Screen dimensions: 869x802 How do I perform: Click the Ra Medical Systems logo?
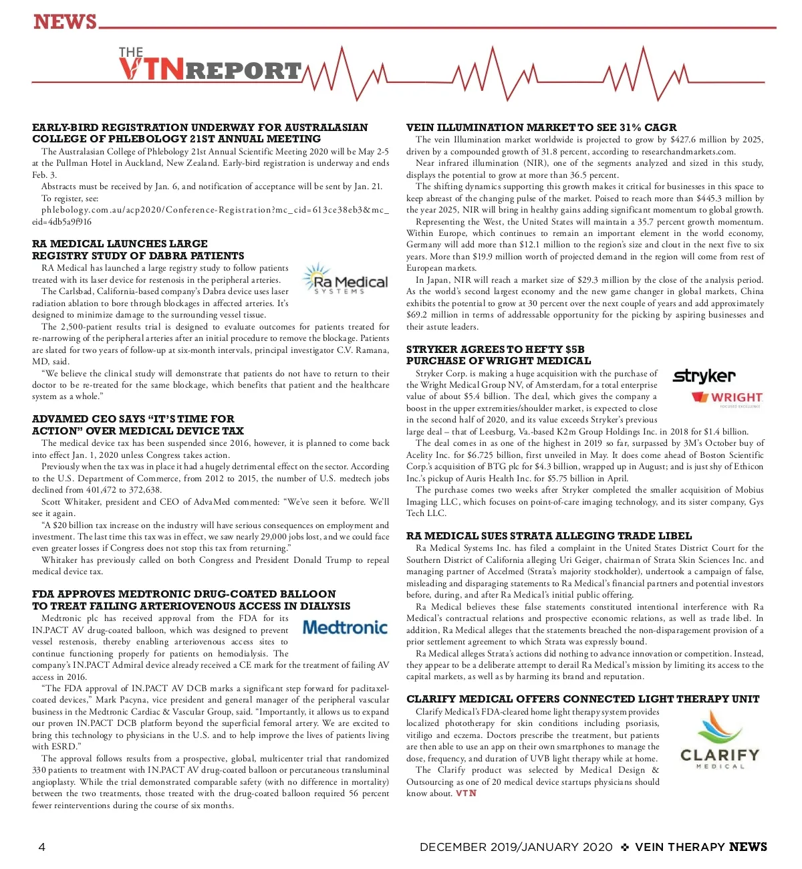tap(345, 279)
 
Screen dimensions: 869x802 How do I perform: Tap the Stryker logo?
tap(704, 376)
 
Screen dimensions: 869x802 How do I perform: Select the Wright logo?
tap(727, 398)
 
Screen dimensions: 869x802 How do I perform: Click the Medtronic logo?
tap(345, 627)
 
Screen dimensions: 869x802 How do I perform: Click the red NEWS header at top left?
tap(65, 22)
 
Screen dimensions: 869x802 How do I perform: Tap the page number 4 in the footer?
tap(42, 847)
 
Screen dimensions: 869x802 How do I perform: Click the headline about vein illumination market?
tap(541, 127)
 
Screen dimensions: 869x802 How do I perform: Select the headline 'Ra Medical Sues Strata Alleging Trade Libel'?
tap(549, 535)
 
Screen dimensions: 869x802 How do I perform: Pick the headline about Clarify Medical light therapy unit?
tap(583, 699)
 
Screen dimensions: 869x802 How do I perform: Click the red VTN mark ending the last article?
tap(466, 793)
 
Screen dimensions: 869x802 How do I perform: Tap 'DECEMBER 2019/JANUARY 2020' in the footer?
tap(515, 847)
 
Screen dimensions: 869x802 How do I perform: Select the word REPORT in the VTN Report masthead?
tap(243, 71)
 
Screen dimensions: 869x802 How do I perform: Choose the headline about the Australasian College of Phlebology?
tap(200, 133)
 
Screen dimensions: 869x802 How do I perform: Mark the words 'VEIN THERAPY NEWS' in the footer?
tap(700, 847)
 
